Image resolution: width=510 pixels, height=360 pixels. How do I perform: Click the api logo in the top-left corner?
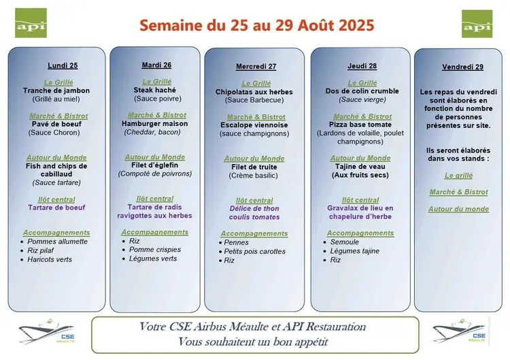coord(31,23)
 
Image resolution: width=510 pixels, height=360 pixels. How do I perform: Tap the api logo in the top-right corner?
coord(477,24)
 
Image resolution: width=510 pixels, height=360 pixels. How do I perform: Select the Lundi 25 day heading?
coord(63,65)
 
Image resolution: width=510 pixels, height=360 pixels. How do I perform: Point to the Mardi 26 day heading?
coord(156,65)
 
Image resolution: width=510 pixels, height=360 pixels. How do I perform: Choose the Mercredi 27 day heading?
coord(256,67)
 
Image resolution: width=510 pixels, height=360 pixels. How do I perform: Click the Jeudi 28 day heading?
coord(362,66)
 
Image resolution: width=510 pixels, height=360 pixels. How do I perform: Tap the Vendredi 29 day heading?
coord(462,67)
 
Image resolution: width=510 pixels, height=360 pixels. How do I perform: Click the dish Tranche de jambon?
coord(56,91)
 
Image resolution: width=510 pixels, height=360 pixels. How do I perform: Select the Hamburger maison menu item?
coord(155,124)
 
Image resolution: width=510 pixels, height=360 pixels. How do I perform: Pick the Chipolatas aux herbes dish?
coord(254,92)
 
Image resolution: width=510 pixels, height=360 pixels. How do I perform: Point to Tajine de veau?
coord(360,167)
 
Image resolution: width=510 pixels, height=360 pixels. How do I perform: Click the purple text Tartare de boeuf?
coord(56,208)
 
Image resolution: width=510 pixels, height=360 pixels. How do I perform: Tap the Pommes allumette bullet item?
coord(57,242)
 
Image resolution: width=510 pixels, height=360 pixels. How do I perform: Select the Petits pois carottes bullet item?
coord(255,251)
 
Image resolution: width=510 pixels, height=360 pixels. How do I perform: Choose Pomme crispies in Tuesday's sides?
coord(155,250)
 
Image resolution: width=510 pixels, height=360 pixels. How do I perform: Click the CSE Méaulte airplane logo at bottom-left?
coord(47,331)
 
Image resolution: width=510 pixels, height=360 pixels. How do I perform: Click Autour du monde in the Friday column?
coord(458,209)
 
